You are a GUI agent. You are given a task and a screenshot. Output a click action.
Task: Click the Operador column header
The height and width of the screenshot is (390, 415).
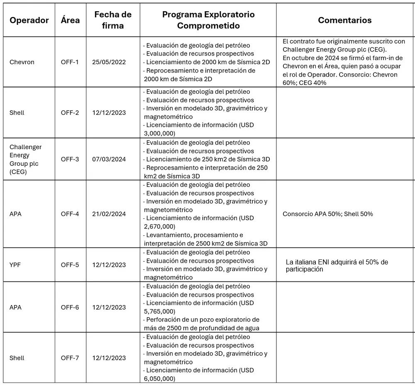29,20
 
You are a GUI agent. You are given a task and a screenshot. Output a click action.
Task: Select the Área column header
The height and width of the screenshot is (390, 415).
70,20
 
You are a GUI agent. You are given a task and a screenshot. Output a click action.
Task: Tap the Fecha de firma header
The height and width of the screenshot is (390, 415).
113,20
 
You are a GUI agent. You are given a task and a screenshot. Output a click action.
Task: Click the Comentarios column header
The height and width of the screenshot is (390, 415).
344,20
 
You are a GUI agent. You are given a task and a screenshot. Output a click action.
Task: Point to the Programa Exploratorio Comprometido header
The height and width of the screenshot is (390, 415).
208,20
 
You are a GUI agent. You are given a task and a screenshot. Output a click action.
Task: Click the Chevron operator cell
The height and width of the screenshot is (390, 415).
22,62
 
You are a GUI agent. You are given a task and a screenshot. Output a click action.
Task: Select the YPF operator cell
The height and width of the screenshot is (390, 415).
15,265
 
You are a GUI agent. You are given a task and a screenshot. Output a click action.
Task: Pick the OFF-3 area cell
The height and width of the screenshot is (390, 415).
70,159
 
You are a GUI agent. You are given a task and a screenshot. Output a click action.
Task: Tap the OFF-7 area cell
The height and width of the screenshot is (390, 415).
70,358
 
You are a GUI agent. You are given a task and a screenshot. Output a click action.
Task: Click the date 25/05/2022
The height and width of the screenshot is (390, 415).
109,62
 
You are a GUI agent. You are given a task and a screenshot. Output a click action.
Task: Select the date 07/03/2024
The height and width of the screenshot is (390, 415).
109,159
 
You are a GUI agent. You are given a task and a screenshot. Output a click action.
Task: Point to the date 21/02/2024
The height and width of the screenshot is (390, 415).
109,214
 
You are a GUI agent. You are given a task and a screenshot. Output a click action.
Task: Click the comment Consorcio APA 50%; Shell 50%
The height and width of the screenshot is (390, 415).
327,214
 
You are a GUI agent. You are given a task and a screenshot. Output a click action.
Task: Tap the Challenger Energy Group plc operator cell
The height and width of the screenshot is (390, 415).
25,159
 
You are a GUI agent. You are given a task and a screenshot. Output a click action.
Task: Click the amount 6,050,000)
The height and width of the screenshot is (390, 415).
160,379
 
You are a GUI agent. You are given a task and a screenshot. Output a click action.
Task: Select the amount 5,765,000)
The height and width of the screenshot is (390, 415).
160,311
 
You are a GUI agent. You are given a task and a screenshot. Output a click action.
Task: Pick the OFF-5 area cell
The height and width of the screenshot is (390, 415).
70,265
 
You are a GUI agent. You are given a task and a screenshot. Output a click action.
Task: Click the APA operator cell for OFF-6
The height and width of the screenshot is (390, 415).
15,308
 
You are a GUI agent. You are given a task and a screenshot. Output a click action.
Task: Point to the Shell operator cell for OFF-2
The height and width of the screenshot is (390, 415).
17,113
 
